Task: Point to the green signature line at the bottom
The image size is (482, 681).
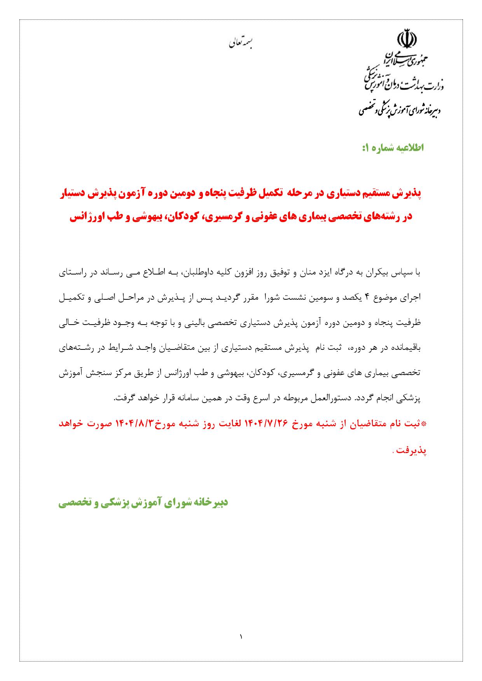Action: point(143,504)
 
